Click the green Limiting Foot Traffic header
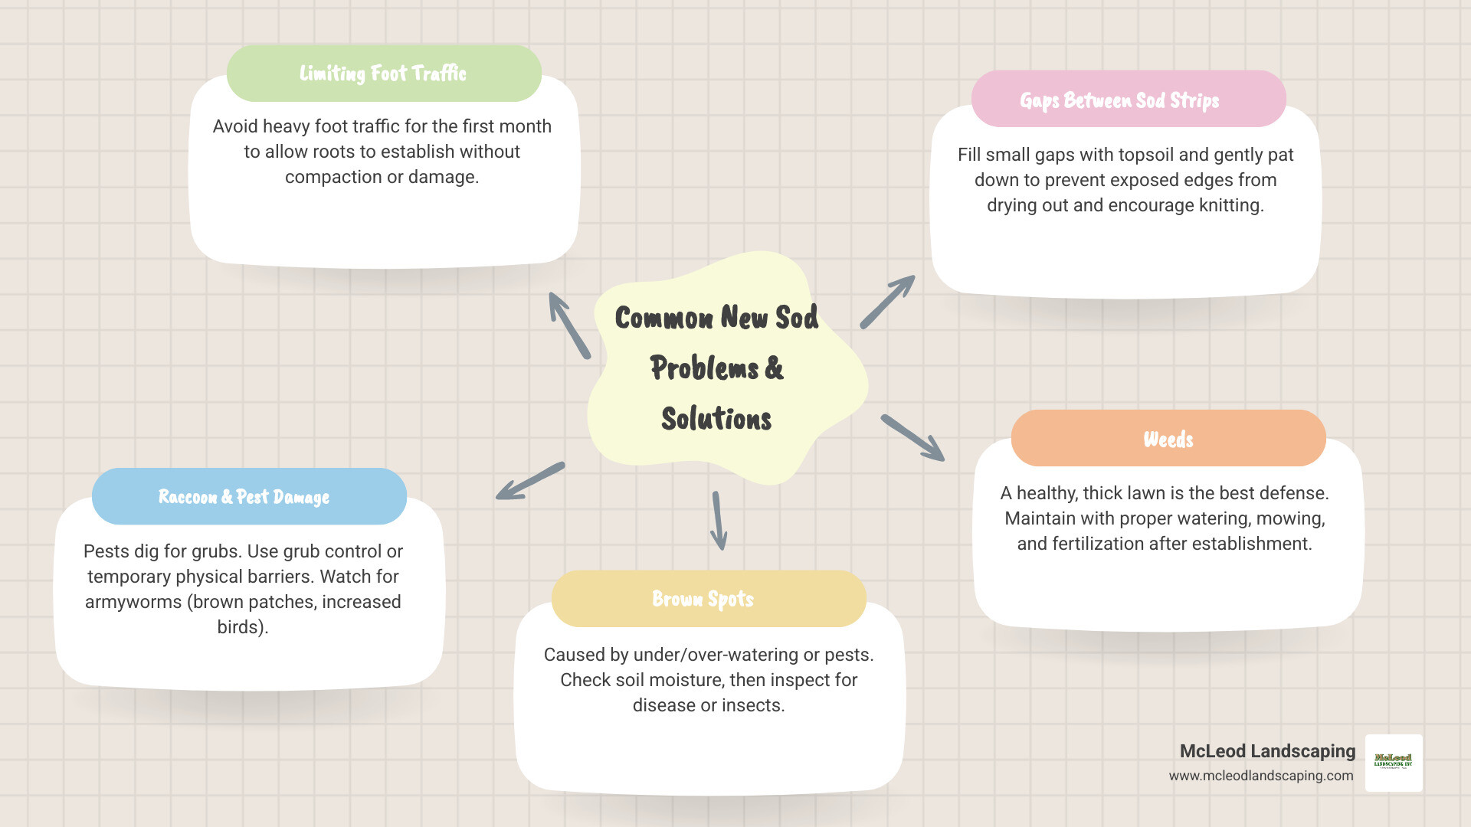(383, 74)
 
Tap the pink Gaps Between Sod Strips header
(1128, 100)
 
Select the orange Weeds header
(1168, 439)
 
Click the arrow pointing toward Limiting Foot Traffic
(568, 325)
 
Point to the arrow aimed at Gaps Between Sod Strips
(887, 302)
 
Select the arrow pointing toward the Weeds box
(912, 438)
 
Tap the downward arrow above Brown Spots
(719, 521)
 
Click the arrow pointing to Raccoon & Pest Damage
(530, 481)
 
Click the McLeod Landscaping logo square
(1394, 763)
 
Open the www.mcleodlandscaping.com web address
(1261, 776)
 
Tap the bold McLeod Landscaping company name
(1267, 751)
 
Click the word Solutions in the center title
(716, 419)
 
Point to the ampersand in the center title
(775, 368)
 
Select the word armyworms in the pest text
(133, 602)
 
